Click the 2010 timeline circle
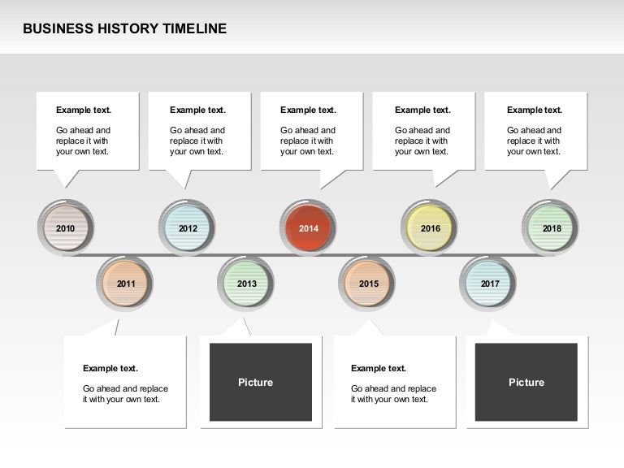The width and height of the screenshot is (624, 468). [66, 228]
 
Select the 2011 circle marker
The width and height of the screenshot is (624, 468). [125, 284]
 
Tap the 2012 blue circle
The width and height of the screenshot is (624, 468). [188, 228]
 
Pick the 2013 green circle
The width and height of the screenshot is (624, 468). [246, 284]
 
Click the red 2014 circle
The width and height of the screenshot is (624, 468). [309, 228]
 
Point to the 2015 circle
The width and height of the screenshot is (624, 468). [368, 284]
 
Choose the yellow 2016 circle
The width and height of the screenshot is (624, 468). [430, 228]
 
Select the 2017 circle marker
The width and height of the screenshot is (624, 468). [489, 284]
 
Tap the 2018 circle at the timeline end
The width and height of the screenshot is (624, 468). [551, 228]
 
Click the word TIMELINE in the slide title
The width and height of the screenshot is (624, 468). [195, 29]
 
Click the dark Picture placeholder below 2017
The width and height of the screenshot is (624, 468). [526, 382]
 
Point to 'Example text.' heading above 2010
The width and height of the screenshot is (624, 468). [84, 110]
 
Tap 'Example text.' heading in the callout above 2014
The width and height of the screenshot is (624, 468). [308, 110]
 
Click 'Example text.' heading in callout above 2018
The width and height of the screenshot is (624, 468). [535, 110]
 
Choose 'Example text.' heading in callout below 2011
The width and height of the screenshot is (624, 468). [110, 369]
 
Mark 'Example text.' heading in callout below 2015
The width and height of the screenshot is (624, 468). [379, 369]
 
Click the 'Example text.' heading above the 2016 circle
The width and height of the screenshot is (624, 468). [422, 110]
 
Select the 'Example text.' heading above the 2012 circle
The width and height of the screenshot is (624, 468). [197, 110]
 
